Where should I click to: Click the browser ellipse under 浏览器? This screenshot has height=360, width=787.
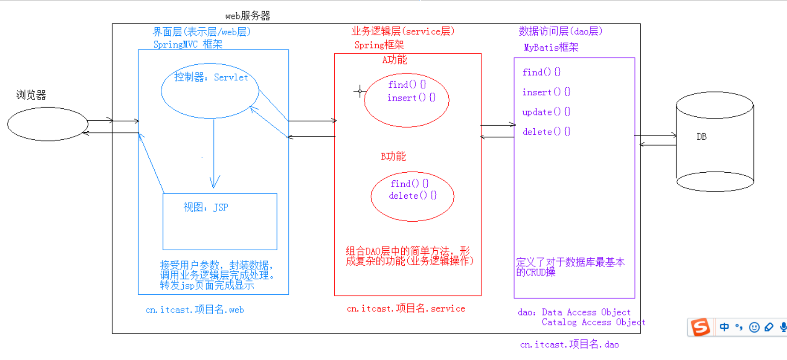coord(48,124)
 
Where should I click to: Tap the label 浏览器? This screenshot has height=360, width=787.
coord(31,95)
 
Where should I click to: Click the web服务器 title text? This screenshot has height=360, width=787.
coord(248,16)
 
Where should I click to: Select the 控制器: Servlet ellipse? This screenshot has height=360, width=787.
coord(210,91)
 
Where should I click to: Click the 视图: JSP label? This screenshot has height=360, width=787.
coord(206,207)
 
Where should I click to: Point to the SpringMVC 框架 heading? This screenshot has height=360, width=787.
coord(188,44)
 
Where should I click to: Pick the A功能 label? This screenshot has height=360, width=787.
coord(394,59)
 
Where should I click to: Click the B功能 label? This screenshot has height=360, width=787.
coord(393,156)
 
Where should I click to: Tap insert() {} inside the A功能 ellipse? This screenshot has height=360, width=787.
coord(411,98)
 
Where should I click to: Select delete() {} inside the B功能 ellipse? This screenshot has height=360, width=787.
coord(412,196)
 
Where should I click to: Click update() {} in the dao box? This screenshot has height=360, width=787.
coord(546,112)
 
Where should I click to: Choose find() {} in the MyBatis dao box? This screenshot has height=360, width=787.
coord(541,72)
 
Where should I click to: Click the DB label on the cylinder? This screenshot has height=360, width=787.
coord(701,137)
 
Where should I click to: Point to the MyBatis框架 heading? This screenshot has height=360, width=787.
coord(551,47)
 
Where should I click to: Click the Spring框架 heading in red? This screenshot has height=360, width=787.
coord(379,45)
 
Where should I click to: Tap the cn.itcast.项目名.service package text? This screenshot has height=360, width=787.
coord(406,308)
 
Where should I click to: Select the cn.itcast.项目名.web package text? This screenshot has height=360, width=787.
coord(195,310)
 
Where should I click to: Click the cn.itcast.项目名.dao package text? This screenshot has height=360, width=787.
coord(569,345)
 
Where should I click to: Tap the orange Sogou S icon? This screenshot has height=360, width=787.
coord(700,327)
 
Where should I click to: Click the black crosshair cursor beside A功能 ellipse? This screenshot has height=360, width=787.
coord(360,92)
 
